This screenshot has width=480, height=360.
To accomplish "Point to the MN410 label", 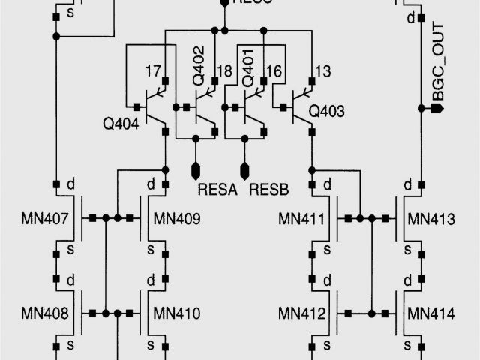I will [x=176, y=313].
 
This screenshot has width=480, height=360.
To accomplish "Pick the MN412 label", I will [x=301, y=313].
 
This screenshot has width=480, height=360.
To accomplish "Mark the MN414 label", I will [x=431, y=313].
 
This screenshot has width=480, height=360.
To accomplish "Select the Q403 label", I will [x=327, y=112].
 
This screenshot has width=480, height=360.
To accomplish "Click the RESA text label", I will [x=217, y=190].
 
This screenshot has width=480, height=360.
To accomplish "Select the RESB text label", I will [x=268, y=190].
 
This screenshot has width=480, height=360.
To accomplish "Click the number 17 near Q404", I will [x=153, y=71].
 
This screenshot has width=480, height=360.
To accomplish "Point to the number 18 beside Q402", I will [x=223, y=71].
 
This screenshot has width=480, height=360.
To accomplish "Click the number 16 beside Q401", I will [x=274, y=71].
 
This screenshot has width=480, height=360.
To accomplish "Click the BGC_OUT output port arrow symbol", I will [x=439, y=109].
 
